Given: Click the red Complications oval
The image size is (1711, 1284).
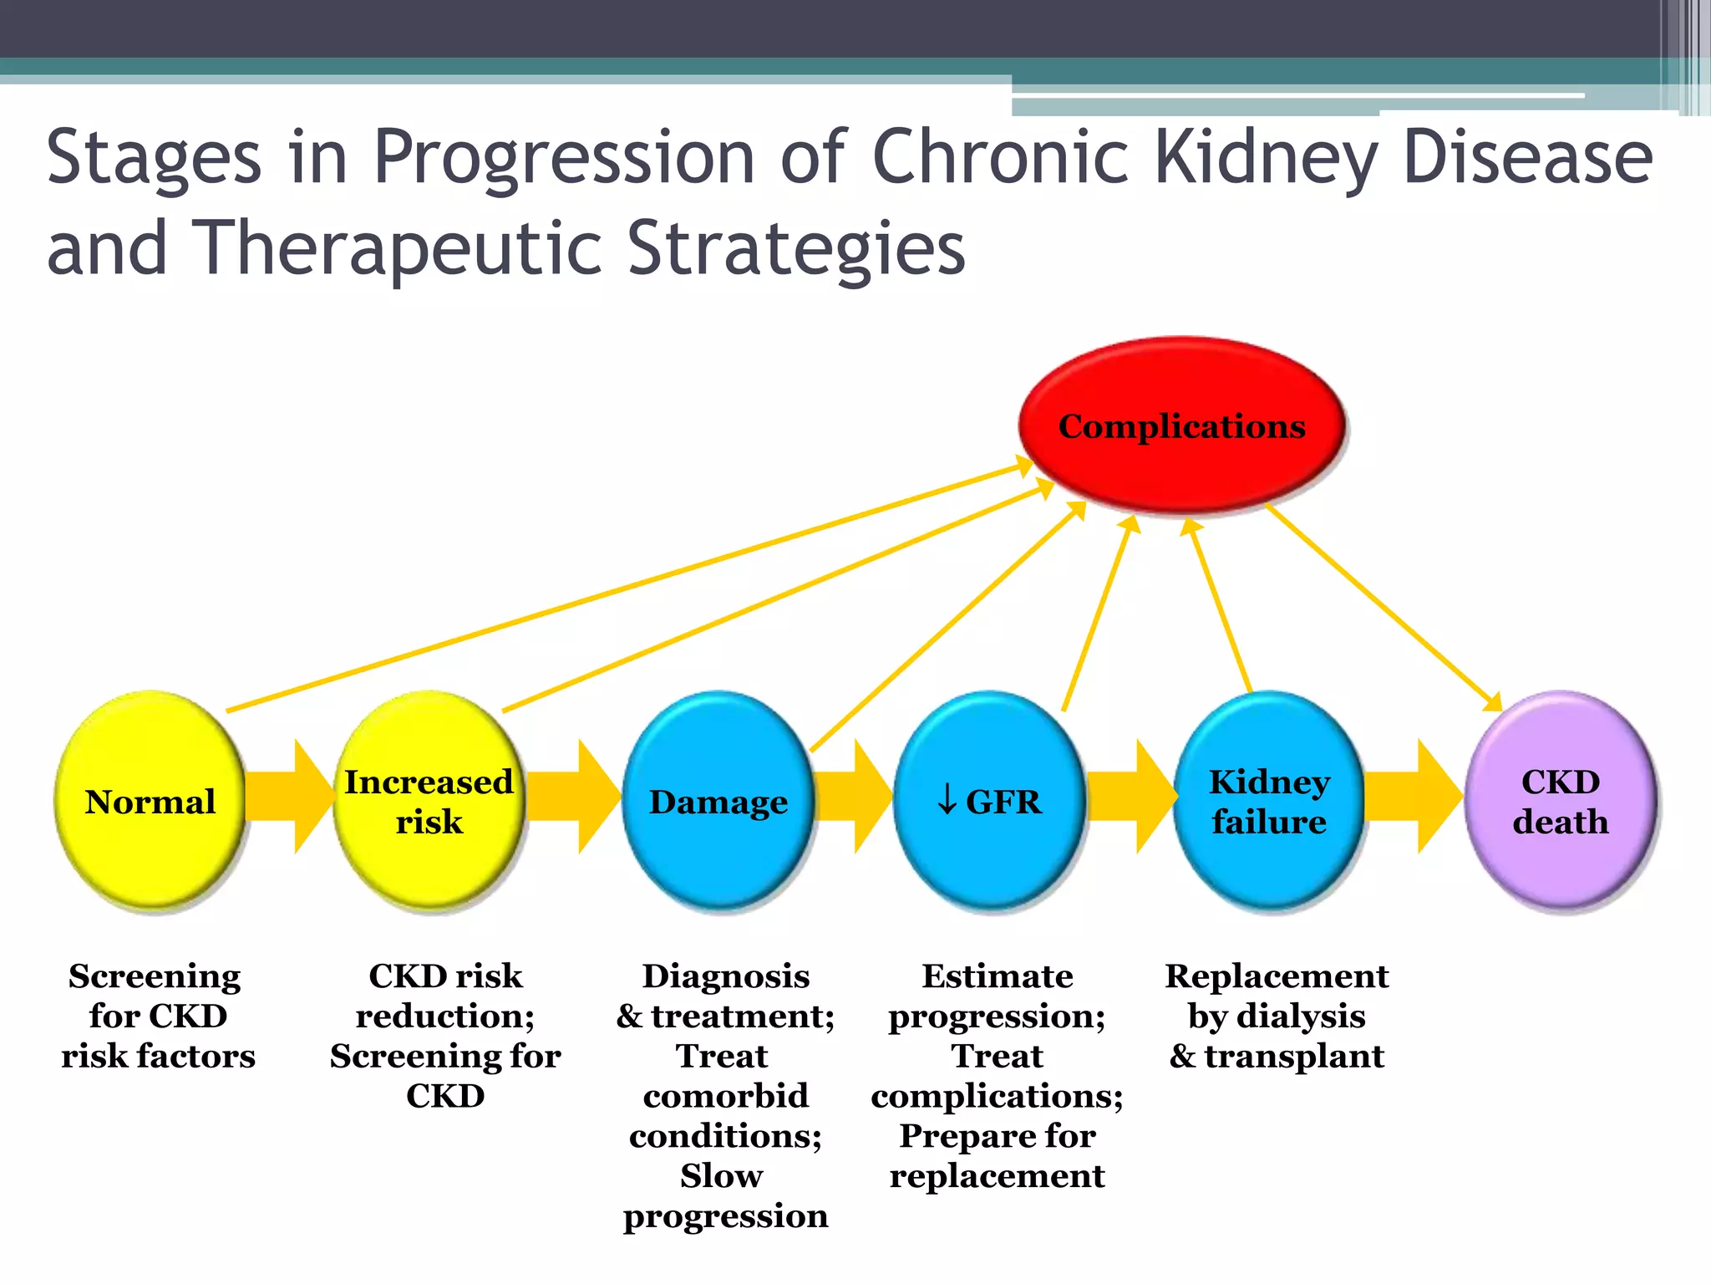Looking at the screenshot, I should coord(1181,426).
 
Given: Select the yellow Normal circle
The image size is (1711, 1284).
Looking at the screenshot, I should coord(150,801).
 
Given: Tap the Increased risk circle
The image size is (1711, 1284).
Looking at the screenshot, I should coord(429,801).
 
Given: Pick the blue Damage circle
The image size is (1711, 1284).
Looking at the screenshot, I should coord(718,801).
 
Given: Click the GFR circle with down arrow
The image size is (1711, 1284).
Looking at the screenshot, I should coord(989,801).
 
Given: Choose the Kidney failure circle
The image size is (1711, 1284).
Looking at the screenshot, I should coord(1268,801).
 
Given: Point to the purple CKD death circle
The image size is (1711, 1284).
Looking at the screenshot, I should coord(1560,801).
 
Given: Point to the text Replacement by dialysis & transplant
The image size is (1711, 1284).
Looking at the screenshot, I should coord(1277,1016).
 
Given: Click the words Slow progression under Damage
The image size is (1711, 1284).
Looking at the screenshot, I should coord(724,1195).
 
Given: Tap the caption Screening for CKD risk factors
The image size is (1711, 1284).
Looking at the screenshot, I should coord(157,1016).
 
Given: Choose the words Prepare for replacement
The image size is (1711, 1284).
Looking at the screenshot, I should coord(997,1156).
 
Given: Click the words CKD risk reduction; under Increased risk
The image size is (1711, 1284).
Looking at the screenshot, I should coord(445,996).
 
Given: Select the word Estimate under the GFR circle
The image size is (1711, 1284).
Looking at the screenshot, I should coord(997,976).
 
